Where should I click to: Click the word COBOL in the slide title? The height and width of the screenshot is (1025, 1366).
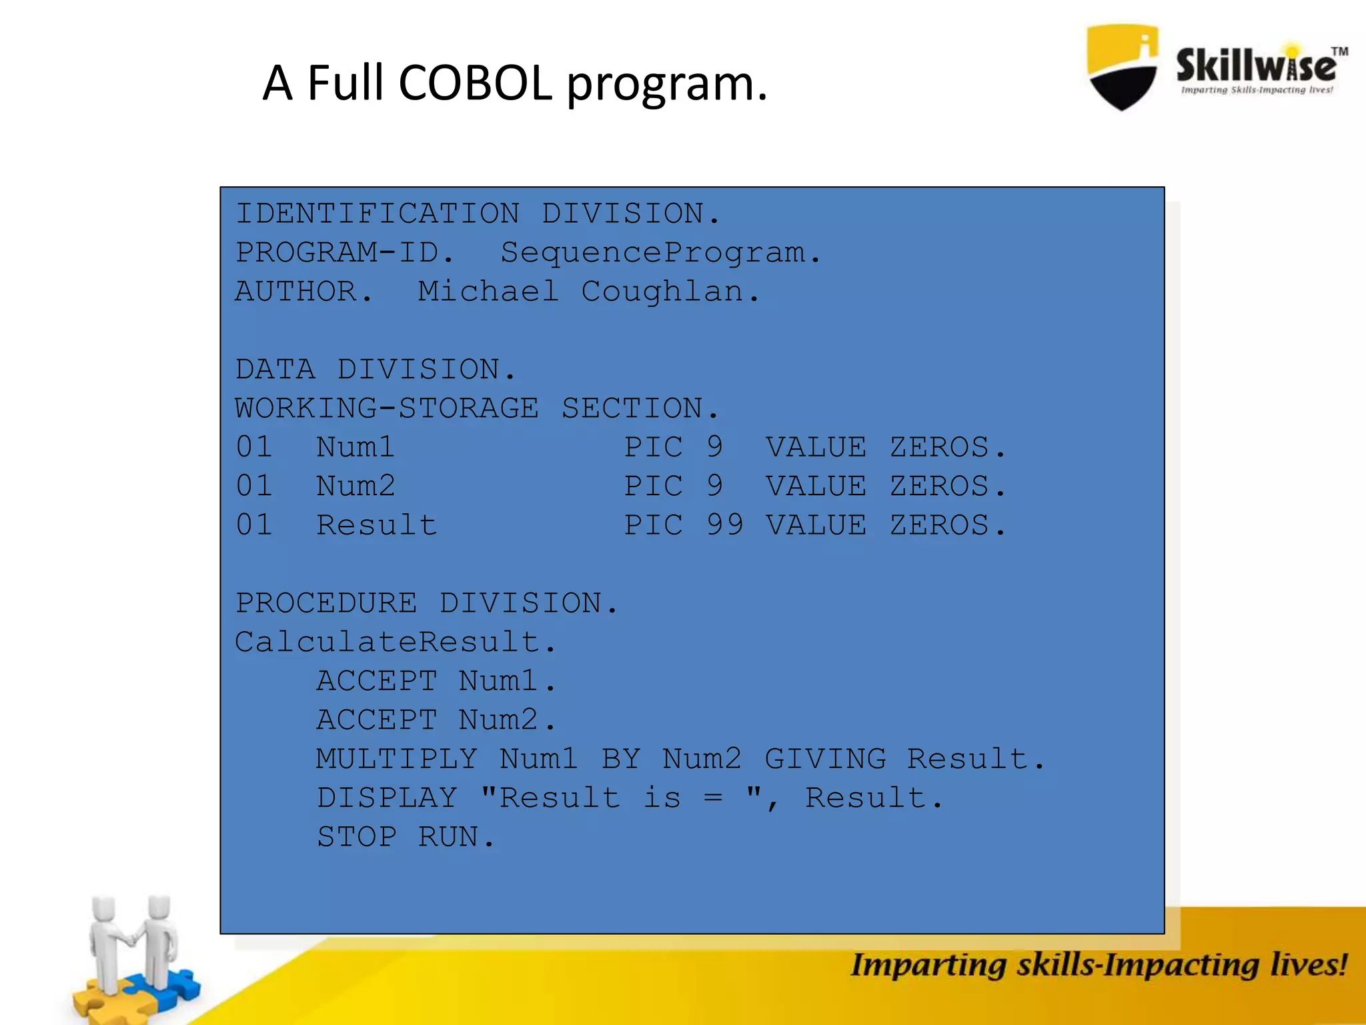tap(475, 83)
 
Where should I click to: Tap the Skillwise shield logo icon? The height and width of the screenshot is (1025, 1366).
tap(1122, 67)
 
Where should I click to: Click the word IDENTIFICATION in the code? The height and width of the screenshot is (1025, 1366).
tap(378, 214)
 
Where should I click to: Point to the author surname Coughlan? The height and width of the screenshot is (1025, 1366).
tap(662, 292)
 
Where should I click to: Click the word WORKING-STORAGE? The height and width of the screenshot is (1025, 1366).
tap(386, 408)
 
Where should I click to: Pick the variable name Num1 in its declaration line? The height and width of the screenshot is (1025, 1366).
tap(355, 447)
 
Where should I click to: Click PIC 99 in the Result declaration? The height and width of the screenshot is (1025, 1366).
tap(683, 525)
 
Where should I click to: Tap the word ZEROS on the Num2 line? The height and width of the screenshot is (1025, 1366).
tap(939, 486)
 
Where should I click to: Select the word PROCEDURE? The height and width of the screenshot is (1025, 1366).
tap(326, 603)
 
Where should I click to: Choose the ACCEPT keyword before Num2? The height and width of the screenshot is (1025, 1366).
tap(377, 720)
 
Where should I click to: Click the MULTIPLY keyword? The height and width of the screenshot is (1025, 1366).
tap(397, 759)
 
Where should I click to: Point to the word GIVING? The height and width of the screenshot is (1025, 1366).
tap(825, 759)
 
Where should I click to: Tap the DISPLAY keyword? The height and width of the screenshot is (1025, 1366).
tap(387, 798)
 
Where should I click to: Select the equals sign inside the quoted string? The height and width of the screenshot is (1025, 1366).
tap(713, 798)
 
